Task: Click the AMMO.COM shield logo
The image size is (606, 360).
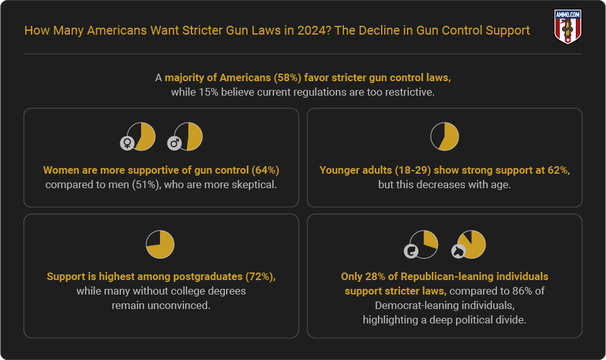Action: tap(567, 26)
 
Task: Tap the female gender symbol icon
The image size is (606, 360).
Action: tap(127, 143)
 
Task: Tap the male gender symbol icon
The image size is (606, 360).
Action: tap(174, 143)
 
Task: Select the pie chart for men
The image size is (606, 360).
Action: tap(188, 136)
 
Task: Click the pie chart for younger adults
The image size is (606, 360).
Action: tap(444, 137)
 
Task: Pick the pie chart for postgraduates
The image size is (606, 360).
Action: tap(160, 245)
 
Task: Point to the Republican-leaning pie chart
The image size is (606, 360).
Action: tap(424, 244)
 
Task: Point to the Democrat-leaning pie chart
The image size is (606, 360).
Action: tap(471, 244)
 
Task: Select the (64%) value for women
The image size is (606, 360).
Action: tap(265, 170)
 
